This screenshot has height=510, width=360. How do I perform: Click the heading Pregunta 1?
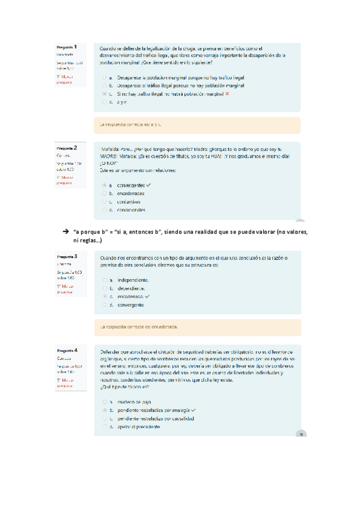[67, 47]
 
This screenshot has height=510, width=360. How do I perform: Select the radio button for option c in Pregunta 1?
[104, 94]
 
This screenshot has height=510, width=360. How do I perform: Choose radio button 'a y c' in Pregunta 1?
[104, 102]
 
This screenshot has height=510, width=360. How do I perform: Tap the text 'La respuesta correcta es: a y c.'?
[131, 124]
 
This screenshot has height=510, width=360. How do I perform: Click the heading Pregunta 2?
[66, 147]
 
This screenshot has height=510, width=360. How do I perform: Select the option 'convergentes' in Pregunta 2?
[104, 185]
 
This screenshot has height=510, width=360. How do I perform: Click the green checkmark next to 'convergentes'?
[148, 185]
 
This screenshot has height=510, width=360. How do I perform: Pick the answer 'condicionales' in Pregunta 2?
[104, 210]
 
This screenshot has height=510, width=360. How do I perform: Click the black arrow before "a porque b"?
[64, 232]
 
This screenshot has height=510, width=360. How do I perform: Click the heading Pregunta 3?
[66, 257]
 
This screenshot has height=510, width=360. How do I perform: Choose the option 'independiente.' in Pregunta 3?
[104, 280]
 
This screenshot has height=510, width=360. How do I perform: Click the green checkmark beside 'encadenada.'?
[147, 296]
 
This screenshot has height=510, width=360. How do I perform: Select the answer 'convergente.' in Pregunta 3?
[104, 305]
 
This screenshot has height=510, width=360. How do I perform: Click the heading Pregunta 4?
[66, 350]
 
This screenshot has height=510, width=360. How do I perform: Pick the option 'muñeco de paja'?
[104, 401]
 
